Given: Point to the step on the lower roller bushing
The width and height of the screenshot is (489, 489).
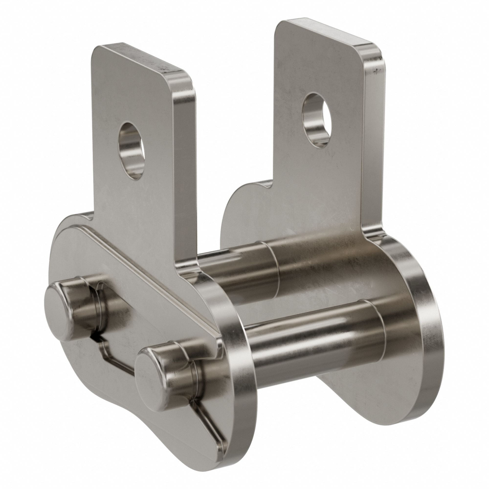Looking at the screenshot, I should (377, 326).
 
